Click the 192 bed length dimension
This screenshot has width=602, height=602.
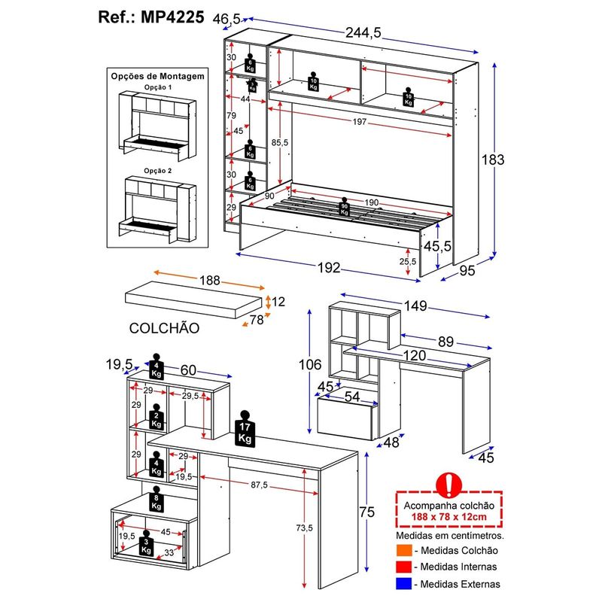tap(328, 269)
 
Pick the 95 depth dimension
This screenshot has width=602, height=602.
tap(467, 272)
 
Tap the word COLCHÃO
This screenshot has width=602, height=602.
tap(163, 328)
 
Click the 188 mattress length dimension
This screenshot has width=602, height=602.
tap(209, 280)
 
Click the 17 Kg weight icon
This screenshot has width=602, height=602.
tap(245, 430)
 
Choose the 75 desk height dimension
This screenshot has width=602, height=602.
tap(366, 512)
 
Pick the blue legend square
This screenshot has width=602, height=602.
tap(401, 583)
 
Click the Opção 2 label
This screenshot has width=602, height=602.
tap(158, 171)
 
